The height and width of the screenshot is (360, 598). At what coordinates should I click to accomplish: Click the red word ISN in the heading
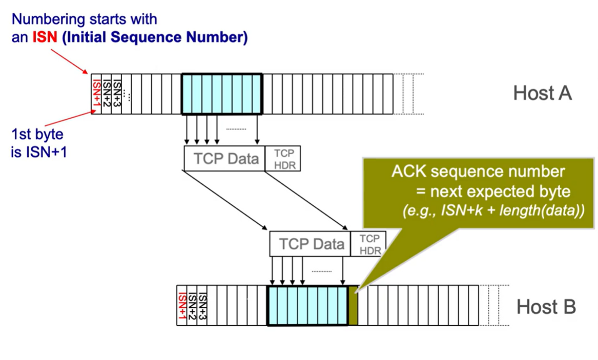(x=45, y=37)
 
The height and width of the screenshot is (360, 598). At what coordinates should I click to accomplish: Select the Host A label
(x=542, y=93)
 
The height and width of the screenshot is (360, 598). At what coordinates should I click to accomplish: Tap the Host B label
(x=546, y=307)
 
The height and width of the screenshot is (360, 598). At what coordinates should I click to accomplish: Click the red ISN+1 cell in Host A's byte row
(x=96, y=94)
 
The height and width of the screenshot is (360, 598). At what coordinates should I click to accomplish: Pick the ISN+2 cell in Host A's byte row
(x=107, y=94)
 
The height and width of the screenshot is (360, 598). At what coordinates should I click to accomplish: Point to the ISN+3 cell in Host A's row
(x=116, y=94)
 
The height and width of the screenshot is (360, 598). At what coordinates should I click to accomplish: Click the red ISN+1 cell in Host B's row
(x=182, y=306)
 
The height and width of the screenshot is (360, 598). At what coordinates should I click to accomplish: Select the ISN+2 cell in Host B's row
(x=192, y=306)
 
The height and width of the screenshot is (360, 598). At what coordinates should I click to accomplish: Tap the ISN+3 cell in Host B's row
(x=202, y=306)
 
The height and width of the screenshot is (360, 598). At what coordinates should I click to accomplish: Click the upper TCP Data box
(x=224, y=158)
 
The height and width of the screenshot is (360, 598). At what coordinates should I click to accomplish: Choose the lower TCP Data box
(x=310, y=244)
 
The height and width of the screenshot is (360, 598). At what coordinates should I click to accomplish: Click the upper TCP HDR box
(x=282, y=158)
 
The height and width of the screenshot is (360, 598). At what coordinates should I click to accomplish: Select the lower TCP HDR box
(x=368, y=244)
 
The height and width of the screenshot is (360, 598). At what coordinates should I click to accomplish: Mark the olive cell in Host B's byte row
(x=353, y=306)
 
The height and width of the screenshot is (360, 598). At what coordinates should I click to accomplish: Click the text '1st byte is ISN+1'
(x=39, y=143)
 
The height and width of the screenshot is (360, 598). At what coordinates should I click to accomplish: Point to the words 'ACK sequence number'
(x=478, y=172)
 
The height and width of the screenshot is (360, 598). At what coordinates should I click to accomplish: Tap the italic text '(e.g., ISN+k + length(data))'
(x=493, y=210)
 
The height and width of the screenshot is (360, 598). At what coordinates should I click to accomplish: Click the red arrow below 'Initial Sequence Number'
(x=69, y=61)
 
